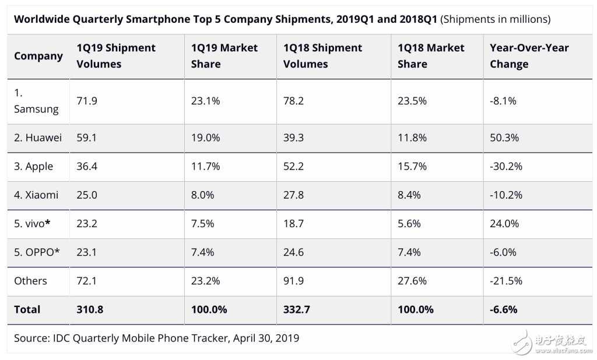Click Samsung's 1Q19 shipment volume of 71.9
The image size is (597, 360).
coord(87,101)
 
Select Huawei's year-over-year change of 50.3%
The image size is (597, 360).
coord(504,138)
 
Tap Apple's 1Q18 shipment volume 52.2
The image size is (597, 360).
coord(293,166)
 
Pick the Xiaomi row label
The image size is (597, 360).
coord(36,195)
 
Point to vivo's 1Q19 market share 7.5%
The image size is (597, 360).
coord(202,223)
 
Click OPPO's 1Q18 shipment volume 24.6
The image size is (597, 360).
coord(293,252)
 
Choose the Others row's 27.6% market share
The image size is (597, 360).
coord(412,281)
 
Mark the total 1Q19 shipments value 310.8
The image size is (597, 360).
coord(90,309)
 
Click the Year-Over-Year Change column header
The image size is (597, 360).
coord(529,56)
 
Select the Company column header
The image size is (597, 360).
coord(38,56)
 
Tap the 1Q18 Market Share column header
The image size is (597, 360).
coord(431,56)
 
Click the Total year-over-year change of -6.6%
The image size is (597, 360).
coord(504,309)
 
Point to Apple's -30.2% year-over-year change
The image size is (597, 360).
coord(506,166)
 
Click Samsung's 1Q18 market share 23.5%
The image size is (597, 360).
coord(412,101)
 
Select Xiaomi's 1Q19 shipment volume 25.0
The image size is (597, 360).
coord(87,195)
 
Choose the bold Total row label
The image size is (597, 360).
coord(27,309)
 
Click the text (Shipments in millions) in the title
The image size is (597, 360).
coord(495,19)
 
